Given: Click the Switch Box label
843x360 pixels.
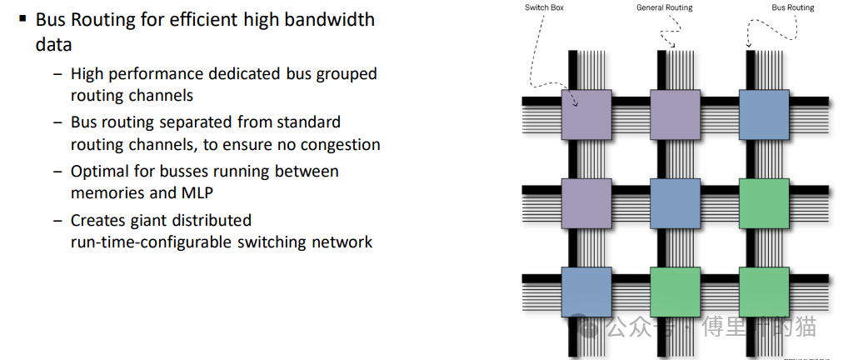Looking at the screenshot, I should tap(542, 7).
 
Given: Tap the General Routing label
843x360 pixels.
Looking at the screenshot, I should tap(664, 7).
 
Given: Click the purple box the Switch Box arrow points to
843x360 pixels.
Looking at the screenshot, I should tap(586, 113).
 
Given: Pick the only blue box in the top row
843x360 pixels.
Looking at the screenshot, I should tap(764, 113).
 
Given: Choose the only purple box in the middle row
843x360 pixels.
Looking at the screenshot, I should tap(586, 202).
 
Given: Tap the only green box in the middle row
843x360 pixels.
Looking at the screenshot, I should tap(764, 202).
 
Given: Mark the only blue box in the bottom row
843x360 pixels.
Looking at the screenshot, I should tap(586, 292).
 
